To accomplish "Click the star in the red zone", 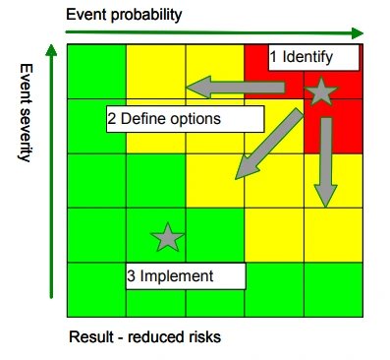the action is point(321,91).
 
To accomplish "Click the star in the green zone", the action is point(167,238).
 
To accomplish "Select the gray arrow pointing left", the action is point(236,88).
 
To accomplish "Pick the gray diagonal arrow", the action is point(269,145).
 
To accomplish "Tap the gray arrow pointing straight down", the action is point(326,162).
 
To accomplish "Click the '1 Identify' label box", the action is point(313,58).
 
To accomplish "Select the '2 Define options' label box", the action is point(186,119).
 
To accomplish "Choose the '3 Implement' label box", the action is point(186,276).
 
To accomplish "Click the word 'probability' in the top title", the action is point(146,15).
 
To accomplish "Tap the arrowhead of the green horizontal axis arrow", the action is point(358,33).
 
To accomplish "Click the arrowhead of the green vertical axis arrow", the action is point(51,50).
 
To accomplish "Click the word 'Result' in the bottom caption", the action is point(91,336).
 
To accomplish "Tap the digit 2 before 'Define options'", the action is point(112,119).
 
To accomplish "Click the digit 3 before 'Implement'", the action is point(131,276).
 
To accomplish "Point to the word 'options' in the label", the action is point(195,119).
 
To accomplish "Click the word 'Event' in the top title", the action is point(86,15).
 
